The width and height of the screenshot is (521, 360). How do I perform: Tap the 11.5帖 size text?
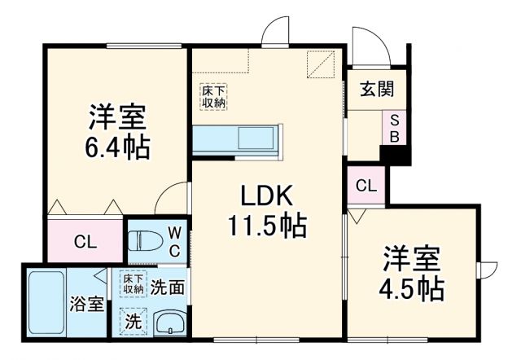pos(265,226)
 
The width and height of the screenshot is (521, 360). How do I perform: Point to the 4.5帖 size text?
pos(413,288)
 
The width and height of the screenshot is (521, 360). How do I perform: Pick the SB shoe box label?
pos(393,127)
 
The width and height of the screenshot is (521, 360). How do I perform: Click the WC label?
pos(174,242)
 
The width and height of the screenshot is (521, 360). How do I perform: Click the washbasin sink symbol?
pos(169,323)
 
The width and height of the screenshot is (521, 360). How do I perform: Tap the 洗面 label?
pos(169,287)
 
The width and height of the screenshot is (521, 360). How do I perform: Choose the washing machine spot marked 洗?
pos(133,321)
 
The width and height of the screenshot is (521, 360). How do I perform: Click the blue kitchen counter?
pos(237,139)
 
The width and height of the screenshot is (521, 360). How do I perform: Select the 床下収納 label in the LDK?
pos(215,96)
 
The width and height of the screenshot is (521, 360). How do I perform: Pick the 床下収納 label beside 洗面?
pos(134,284)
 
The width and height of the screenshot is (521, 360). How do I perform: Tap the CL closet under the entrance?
pos(366,185)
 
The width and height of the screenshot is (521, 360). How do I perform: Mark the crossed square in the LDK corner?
pos(322,63)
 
